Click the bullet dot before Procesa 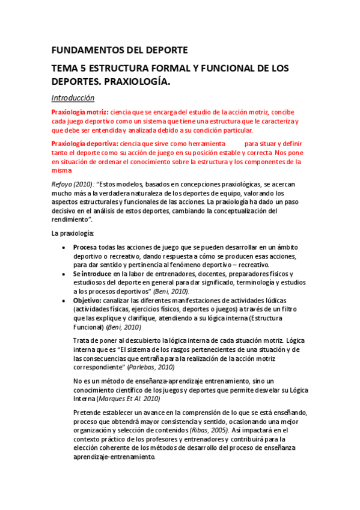pyautogui.click(x=64, y=248)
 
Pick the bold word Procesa pyautogui.click(x=85, y=248)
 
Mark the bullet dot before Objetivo pyautogui.click(x=64, y=300)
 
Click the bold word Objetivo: pyautogui.click(x=88, y=300)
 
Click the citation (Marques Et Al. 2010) pyautogui.click(x=128, y=399)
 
